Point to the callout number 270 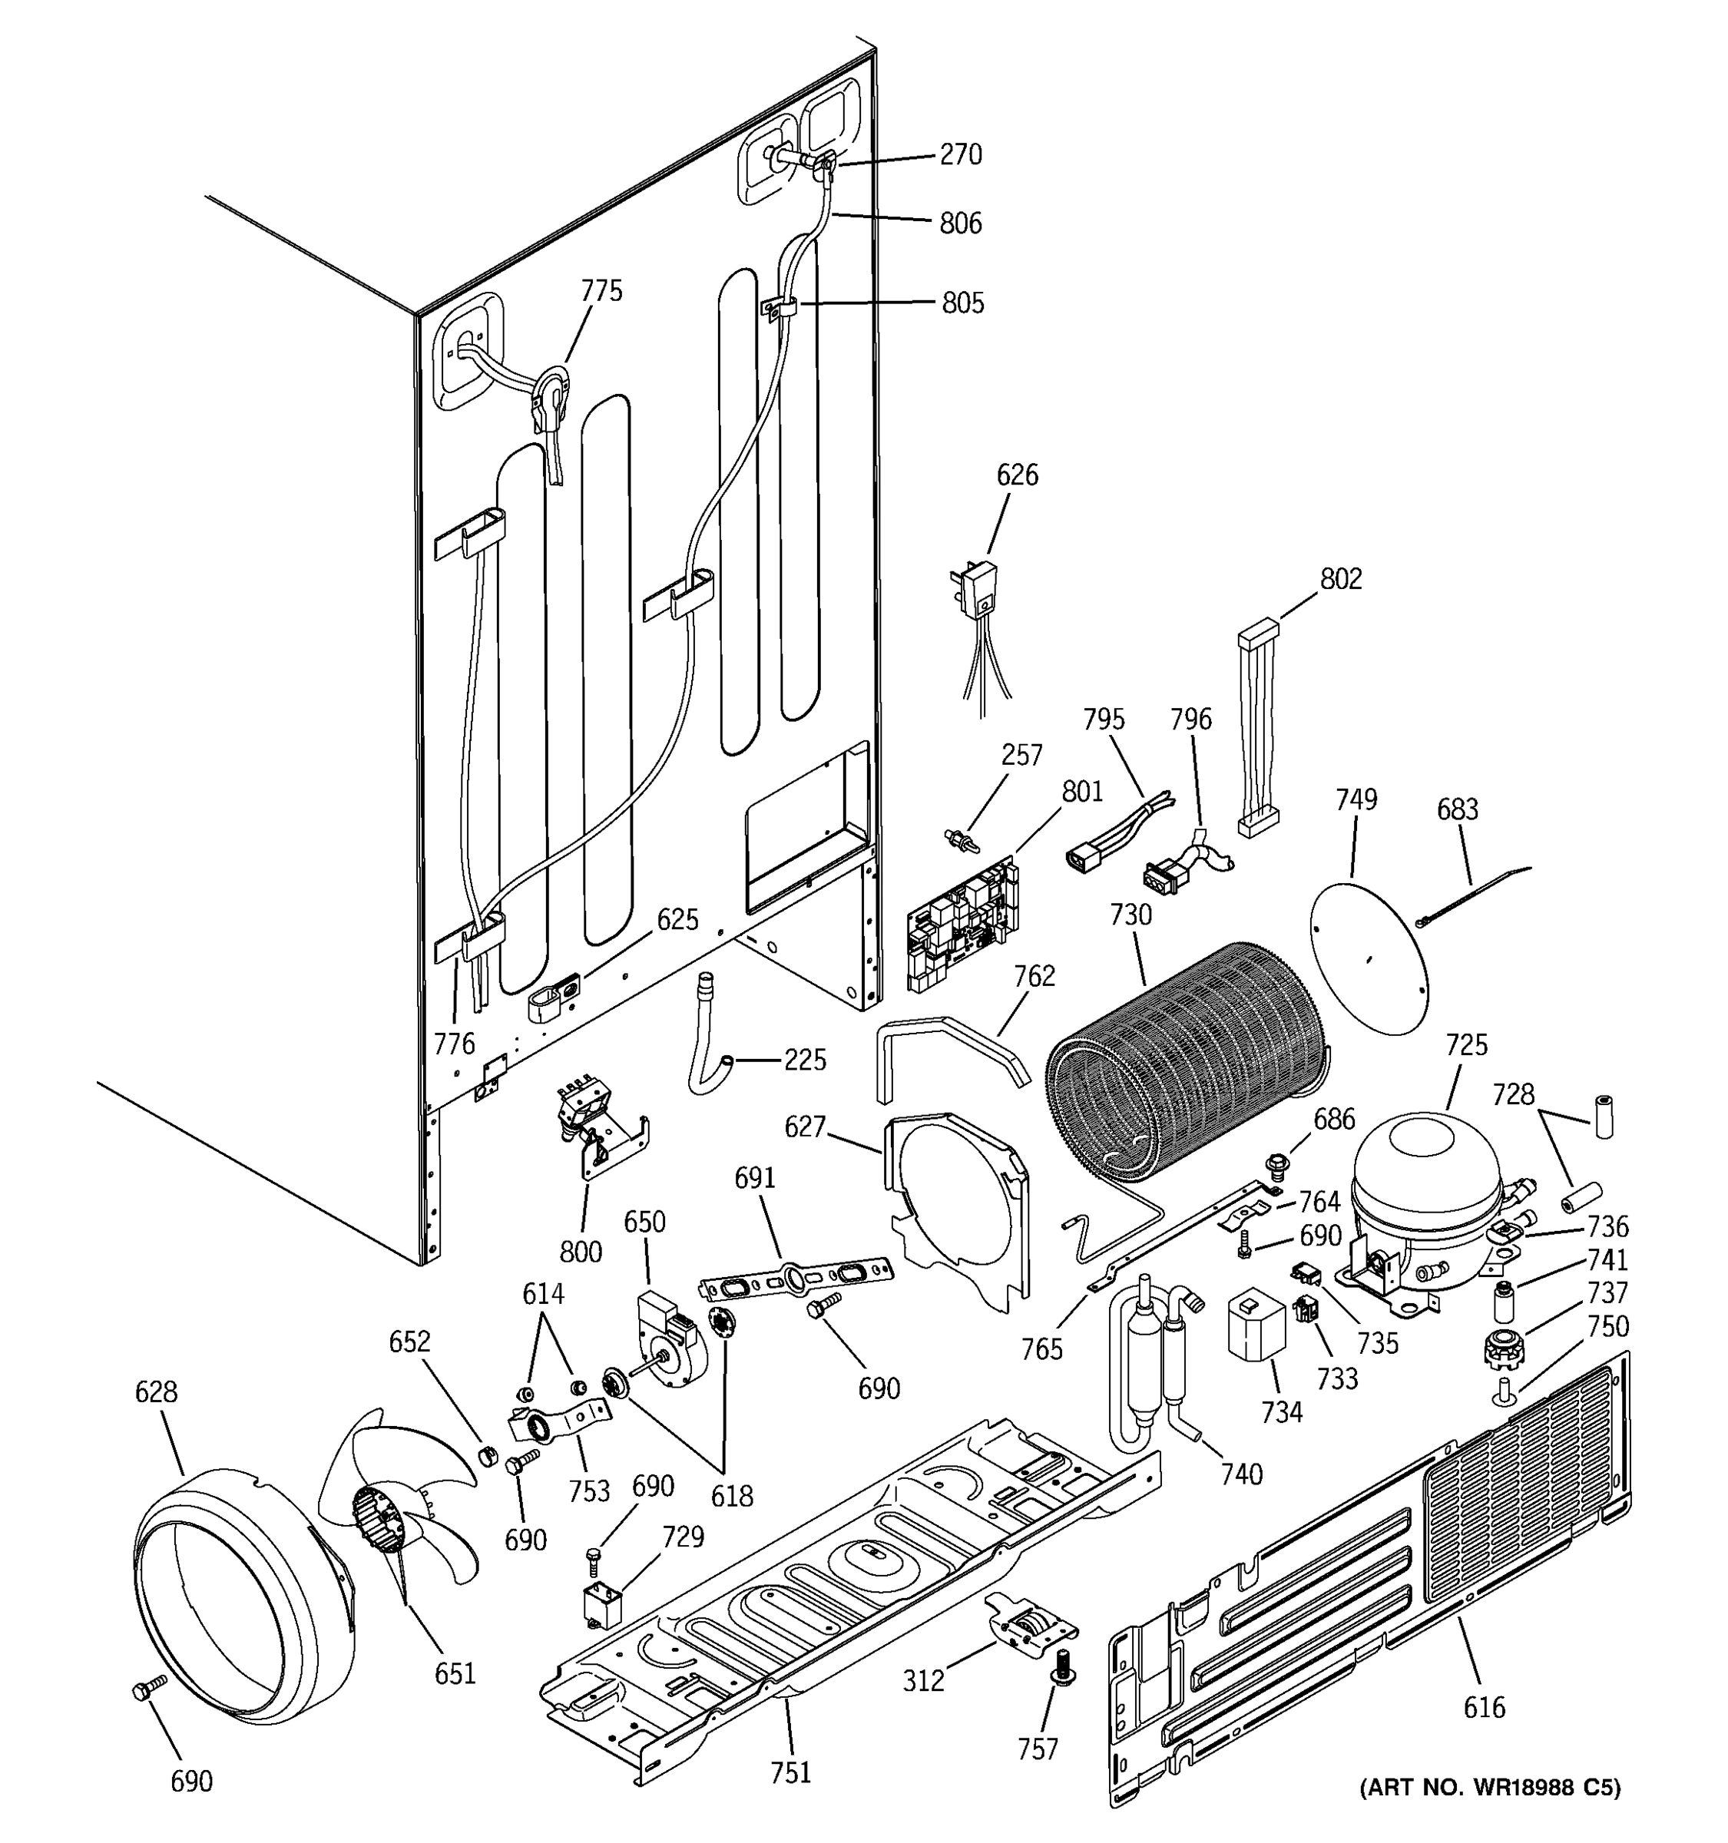point(961,154)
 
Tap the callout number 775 point(601,291)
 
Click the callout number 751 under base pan point(790,1772)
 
